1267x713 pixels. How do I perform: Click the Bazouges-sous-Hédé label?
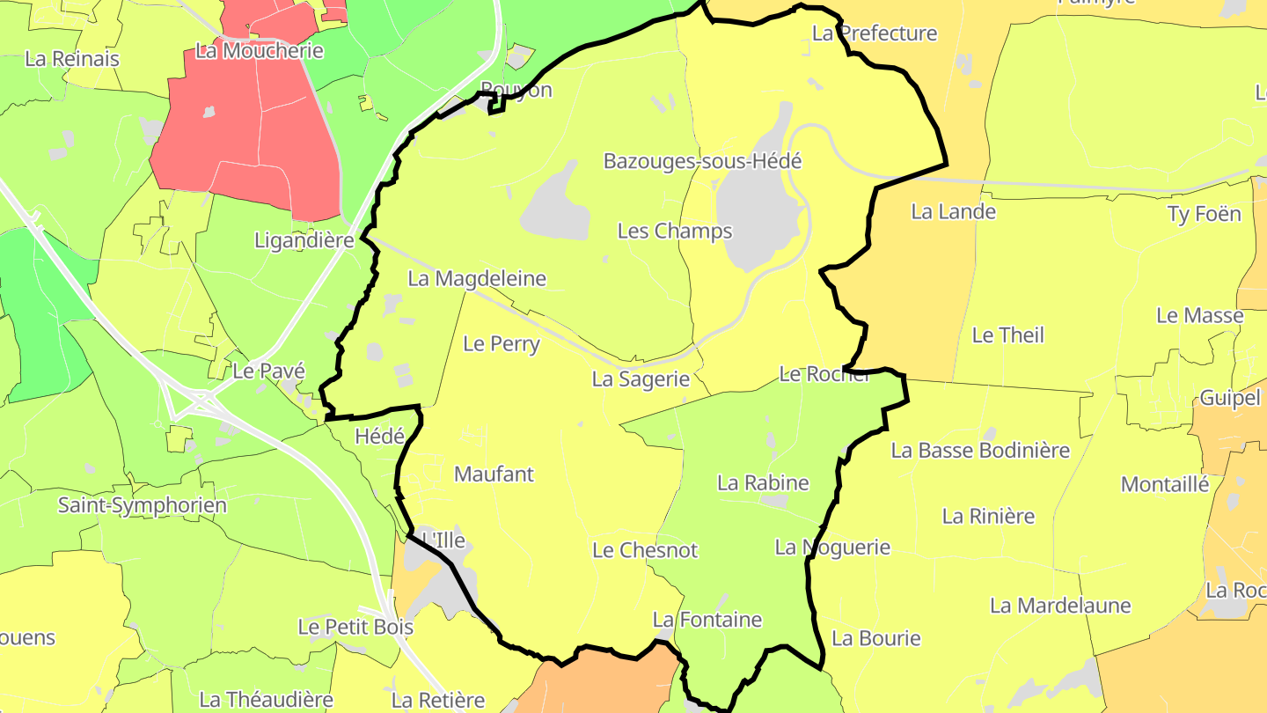click(702, 161)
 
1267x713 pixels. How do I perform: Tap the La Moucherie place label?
click(260, 51)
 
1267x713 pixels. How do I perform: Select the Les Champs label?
click(675, 231)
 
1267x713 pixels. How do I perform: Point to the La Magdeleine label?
click(477, 279)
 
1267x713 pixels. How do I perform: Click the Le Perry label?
click(502, 343)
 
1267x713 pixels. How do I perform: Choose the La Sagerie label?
click(641, 379)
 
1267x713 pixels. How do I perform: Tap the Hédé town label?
click(379, 436)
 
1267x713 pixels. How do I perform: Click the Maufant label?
click(494, 474)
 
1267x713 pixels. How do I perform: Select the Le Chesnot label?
click(645, 550)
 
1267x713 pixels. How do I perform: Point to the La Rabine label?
click(763, 482)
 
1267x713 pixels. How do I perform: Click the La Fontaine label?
click(707, 620)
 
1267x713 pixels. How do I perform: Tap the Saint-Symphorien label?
click(143, 505)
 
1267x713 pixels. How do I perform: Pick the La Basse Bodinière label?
click(980, 450)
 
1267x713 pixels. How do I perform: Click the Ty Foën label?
click(1204, 214)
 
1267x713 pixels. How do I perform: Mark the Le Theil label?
click(1007, 334)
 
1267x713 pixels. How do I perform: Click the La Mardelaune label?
click(1060, 606)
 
